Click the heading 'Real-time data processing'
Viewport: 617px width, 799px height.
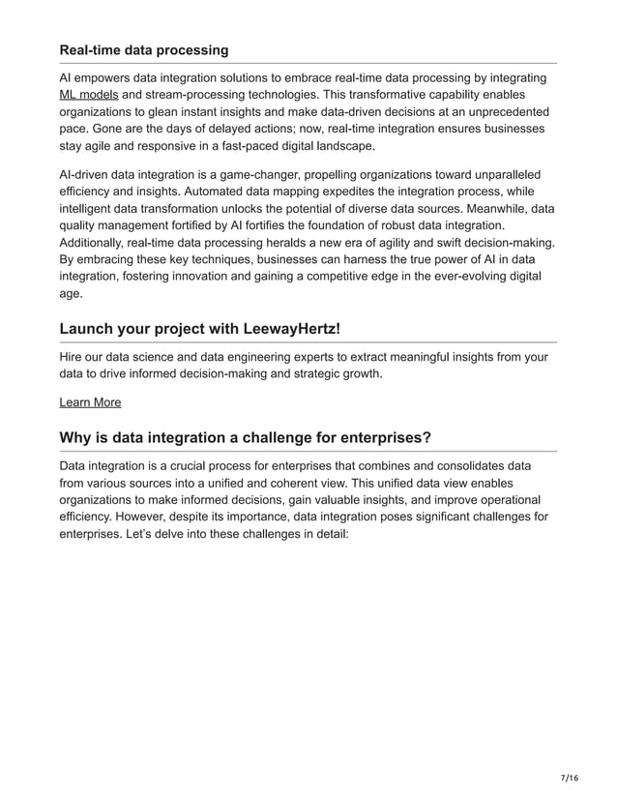click(x=144, y=49)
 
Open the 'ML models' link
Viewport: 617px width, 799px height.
click(x=89, y=95)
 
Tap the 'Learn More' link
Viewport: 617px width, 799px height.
click(x=90, y=401)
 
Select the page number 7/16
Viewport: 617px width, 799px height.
click(x=569, y=778)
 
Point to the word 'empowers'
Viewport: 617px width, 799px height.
click(x=109, y=77)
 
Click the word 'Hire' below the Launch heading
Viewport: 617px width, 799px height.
click(x=73, y=357)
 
